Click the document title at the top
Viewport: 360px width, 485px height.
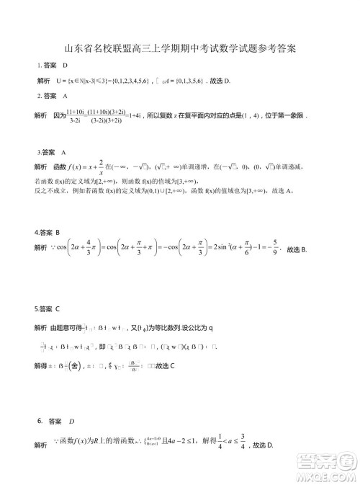(180, 49)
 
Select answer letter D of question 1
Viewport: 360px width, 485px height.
(65, 66)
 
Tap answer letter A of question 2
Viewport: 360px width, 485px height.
(66, 96)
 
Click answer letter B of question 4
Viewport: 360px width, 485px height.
(58, 254)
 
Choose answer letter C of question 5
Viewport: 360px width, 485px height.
(58, 308)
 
